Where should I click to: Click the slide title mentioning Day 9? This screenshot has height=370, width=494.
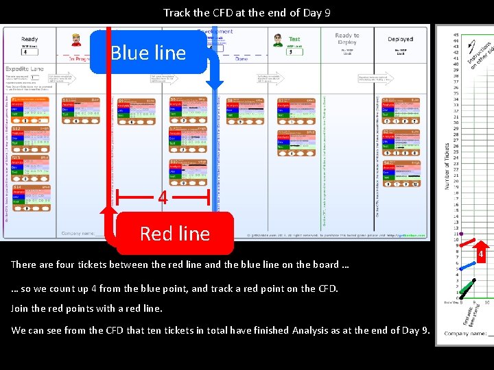pos(248,12)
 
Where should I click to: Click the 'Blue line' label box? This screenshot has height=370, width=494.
pos(148,53)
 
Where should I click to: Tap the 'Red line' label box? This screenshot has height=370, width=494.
pos(174,234)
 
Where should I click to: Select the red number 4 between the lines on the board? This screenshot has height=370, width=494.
pos(163,198)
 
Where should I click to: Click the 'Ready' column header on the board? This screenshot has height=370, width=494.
pos(30,39)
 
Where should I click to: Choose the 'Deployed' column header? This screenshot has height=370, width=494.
pos(401,39)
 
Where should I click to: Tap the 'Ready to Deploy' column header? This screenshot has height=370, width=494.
pos(347,38)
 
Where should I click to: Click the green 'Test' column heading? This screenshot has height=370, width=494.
pos(294,39)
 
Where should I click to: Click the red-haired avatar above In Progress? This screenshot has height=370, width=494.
pos(76,39)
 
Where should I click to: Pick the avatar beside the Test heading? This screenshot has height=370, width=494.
pos(278,40)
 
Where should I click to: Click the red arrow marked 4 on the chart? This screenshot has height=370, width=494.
pos(482,254)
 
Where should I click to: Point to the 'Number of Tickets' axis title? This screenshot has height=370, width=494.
pos(447,166)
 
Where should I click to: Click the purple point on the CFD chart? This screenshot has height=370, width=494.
pos(461,234)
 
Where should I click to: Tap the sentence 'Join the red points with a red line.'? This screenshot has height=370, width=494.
pos(87,308)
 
